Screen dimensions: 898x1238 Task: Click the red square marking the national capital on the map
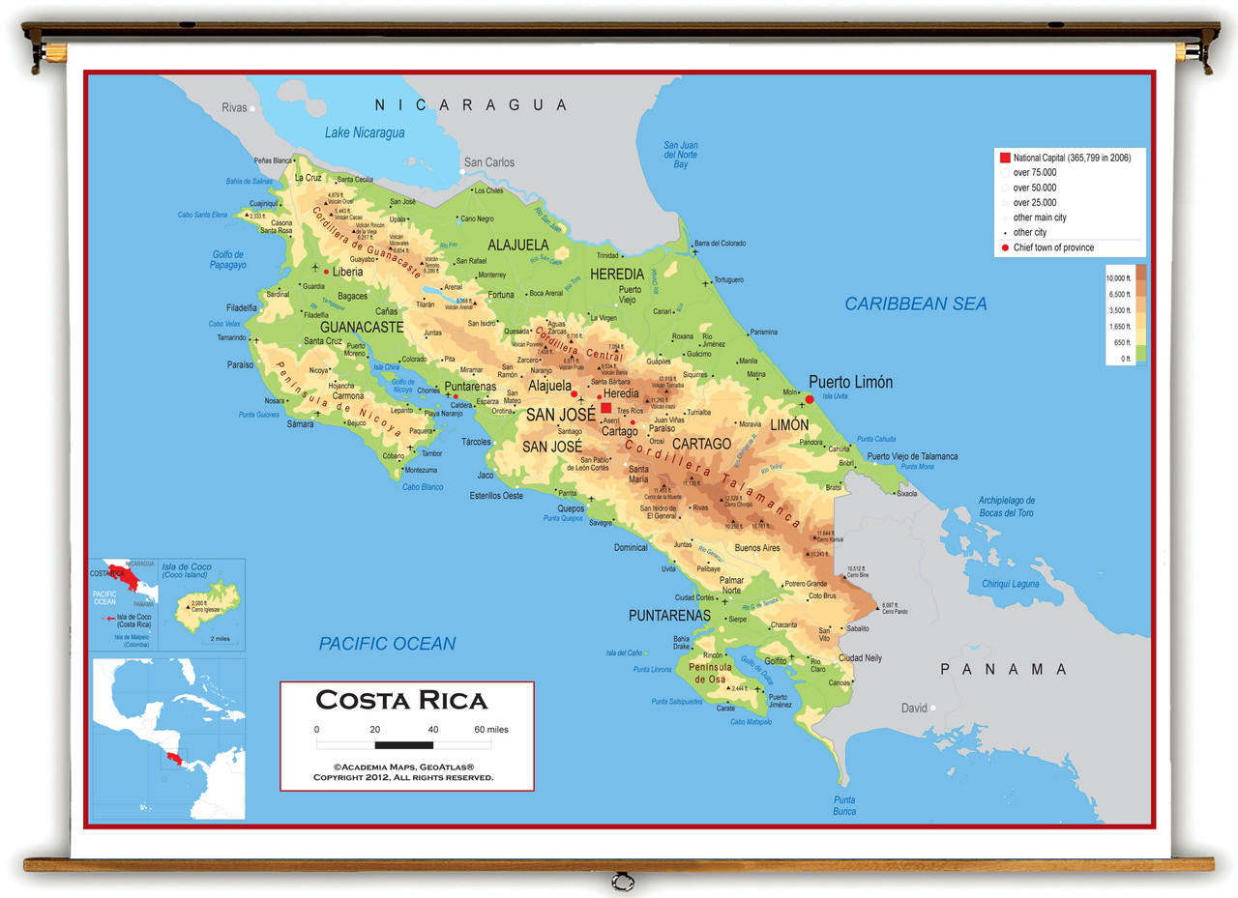coord(606,408)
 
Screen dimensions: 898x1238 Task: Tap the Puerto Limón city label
coord(850,382)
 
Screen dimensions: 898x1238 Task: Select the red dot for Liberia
coord(327,272)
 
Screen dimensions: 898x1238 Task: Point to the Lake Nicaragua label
coord(365,132)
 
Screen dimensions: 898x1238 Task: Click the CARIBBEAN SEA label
coord(916,304)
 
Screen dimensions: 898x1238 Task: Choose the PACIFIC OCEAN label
coord(387,644)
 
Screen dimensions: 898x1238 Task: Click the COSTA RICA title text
coord(401,700)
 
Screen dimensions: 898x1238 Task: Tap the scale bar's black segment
coord(403,744)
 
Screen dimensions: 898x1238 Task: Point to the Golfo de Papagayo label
coord(229,259)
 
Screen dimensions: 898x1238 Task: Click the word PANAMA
coord(1004,669)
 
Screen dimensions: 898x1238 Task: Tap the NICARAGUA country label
coord(471,104)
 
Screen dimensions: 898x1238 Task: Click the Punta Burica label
coord(844,805)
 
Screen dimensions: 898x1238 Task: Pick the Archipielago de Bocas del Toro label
coord(1006,507)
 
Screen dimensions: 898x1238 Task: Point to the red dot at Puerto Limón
coord(810,398)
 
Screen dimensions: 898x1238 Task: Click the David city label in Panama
coord(914,708)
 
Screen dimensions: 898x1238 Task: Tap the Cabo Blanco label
coord(423,486)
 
